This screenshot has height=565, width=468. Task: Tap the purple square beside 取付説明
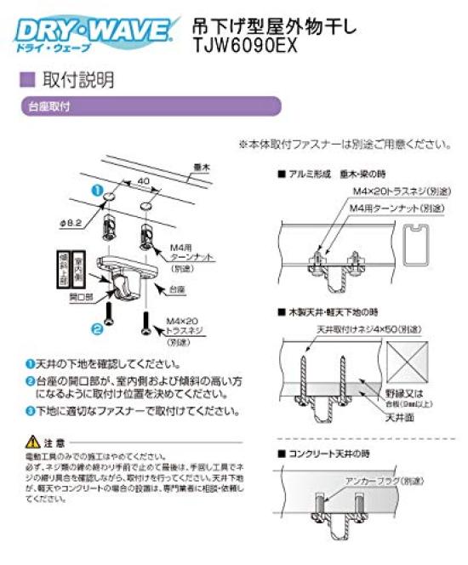click(x=26, y=81)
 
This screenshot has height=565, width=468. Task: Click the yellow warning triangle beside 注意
click(x=32, y=442)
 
